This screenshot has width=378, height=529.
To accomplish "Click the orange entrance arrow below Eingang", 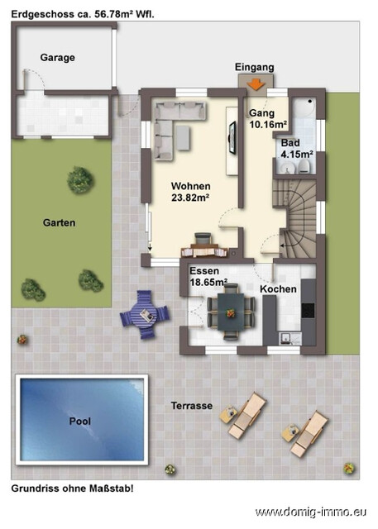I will click(255, 82).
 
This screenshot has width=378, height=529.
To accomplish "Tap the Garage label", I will click(57, 57).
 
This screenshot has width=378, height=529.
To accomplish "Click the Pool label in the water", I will click(80, 421).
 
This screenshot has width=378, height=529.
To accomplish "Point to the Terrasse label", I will click(192, 406).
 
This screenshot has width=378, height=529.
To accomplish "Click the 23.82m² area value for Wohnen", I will click(190, 198).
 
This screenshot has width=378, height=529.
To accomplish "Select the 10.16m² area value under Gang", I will click(267, 125).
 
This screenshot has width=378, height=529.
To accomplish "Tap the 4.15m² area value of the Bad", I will click(296, 154).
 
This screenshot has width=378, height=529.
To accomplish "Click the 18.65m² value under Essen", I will click(208, 282).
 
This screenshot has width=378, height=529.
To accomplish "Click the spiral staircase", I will click(300, 215).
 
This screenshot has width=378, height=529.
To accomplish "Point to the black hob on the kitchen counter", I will click(308, 310).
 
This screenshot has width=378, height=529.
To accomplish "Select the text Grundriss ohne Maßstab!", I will click(72, 488).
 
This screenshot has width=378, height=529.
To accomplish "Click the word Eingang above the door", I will click(254, 67).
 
